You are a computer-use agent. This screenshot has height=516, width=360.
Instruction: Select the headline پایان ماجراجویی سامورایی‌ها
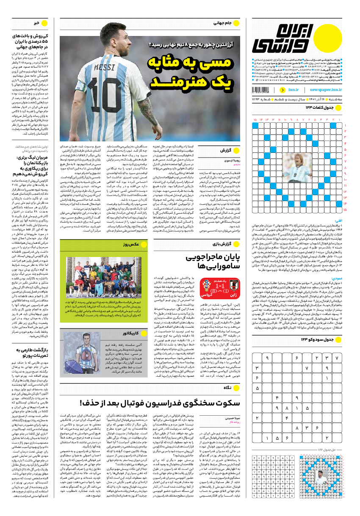[213, 262]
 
